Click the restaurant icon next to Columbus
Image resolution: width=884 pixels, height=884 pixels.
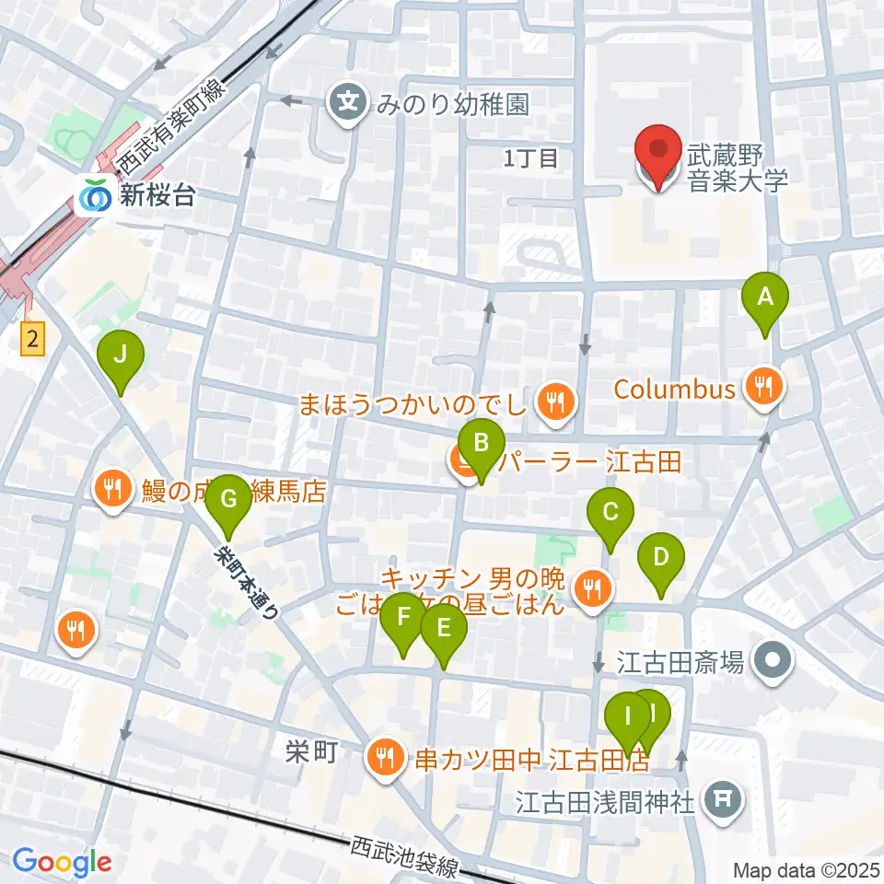coord(763,388)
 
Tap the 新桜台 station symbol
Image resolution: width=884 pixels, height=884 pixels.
coord(93,196)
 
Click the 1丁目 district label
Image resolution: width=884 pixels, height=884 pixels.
coord(530,157)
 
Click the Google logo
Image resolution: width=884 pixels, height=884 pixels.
coord(63,862)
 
